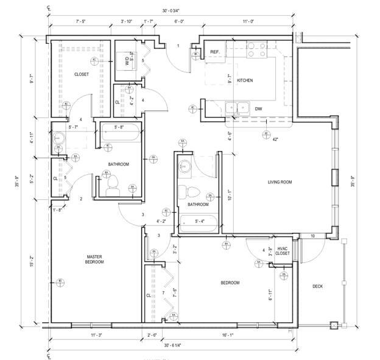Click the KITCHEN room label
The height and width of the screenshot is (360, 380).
(x=245, y=80)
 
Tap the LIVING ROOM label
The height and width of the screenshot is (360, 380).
(x=280, y=182)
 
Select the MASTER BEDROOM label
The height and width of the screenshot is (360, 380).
(x=94, y=259)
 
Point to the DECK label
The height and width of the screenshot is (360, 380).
(x=318, y=286)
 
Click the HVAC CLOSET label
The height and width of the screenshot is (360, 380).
(x=283, y=251)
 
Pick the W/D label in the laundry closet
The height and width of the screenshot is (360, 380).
(x=127, y=61)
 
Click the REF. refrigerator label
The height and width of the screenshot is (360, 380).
(x=215, y=52)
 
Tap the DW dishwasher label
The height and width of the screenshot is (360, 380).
(x=259, y=109)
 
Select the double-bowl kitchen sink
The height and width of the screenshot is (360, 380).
(x=236, y=108)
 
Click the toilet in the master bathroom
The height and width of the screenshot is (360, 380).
(x=114, y=184)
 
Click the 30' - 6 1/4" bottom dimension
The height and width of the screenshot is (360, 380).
(x=172, y=345)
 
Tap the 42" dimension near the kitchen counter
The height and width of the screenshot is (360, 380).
(x=275, y=139)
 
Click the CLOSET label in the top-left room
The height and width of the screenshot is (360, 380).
(x=82, y=74)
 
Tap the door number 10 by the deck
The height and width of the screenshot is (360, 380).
(x=313, y=236)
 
